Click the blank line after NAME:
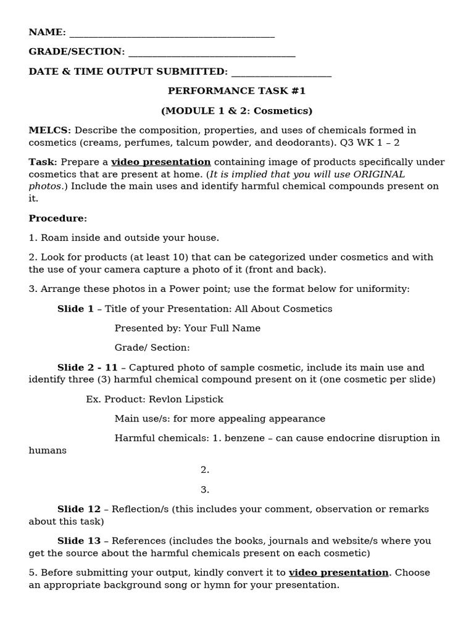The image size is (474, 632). (172, 33)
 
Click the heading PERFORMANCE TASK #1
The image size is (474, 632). (236, 91)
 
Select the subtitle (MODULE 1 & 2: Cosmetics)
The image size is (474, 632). (236, 111)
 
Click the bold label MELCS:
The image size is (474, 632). (50, 130)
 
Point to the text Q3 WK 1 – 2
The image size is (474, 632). (371, 142)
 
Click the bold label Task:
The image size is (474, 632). (43, 162)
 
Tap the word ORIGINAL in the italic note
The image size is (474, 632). (379, 174)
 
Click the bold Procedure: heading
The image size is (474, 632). (58, 218)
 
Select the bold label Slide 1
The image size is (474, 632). (75, 309)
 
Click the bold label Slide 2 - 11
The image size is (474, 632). (87, 368)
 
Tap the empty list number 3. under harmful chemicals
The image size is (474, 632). (205, 490)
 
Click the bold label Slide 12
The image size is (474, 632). (78, 509)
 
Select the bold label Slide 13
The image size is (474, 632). (78, 541)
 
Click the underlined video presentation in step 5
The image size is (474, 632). (338, 573)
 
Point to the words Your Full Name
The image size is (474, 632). (222, 328)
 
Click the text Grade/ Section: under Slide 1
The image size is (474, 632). (152, 348)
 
